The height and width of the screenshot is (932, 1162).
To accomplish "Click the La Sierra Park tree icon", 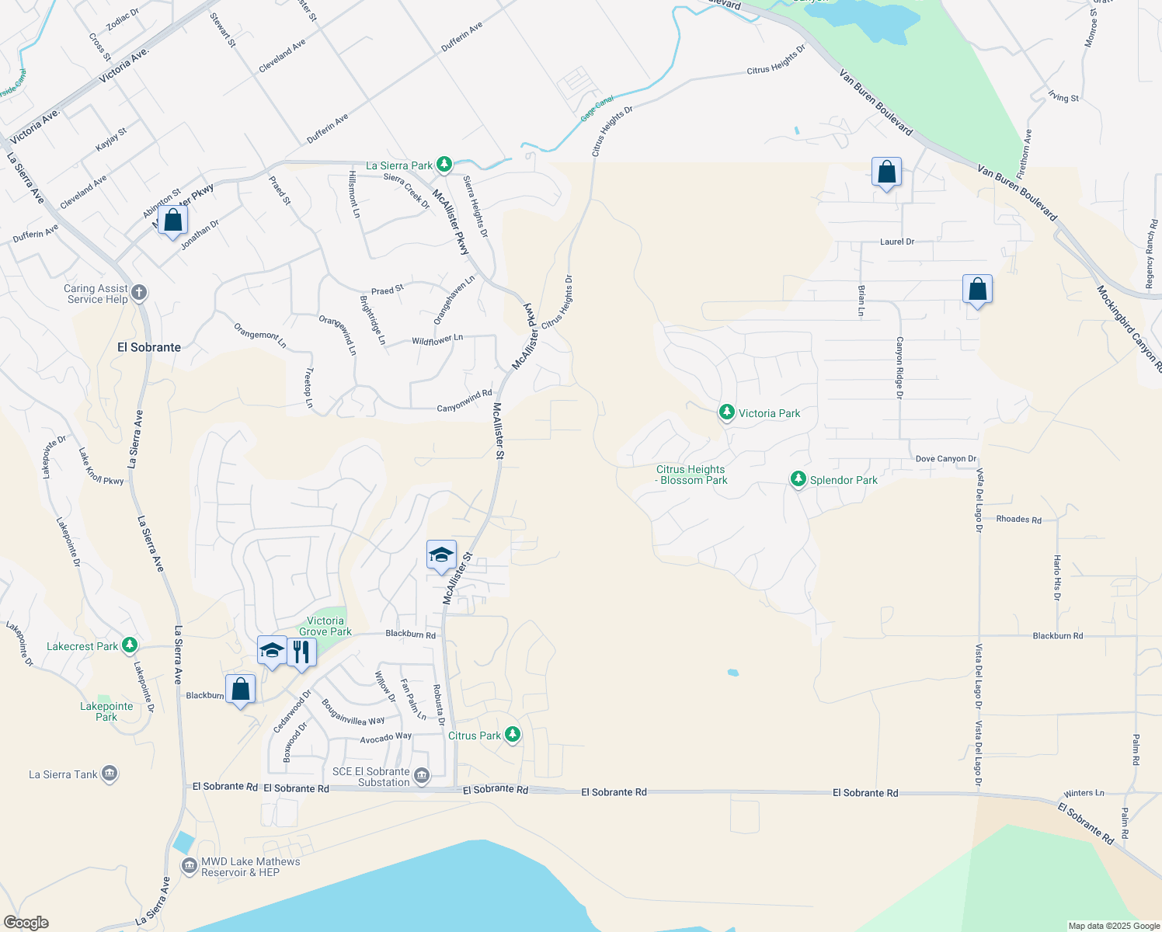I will pyautogui.click(x=444, y=165).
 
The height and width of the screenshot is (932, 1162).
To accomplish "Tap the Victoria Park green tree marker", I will pyautogui.click(x=726, y=412).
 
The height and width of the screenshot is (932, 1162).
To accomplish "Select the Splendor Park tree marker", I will pyautogui.click(x=798, y=479).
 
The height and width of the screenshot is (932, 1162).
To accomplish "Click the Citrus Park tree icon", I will pyautogui.click(x=512, y=734).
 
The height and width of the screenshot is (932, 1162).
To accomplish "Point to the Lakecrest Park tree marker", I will pyautogui.click(x=130, y=645).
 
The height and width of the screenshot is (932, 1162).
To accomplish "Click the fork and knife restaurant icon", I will pyautogui.click(x=301, y=651).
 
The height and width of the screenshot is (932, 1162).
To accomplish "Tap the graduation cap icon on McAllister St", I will pyautogui.click(x=441, y=555).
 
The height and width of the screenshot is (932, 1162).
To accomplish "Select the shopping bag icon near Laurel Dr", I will pyautogui.click(x=886, y=172).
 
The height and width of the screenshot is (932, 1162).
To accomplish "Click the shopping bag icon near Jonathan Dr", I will pyautogui.click(x=173, y=221).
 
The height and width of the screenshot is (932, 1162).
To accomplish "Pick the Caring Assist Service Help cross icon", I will pyautogui.click(x=139, y=293).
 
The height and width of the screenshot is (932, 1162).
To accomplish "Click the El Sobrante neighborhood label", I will pyautogui.click(x=149, y=347).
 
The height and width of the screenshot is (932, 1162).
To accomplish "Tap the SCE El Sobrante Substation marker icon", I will pyautogui.click(x=422, y=775).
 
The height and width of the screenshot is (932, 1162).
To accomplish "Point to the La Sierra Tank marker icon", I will pyautogui.click(x=110, y=774).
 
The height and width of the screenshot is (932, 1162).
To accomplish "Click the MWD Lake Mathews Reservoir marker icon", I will pyautogui.click(x=189, y=865).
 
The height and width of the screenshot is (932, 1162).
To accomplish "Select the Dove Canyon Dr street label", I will pyautogui.click(x=945, y=459).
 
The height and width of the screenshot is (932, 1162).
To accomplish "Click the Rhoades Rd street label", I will pyautogui.click(x=1018, y=519).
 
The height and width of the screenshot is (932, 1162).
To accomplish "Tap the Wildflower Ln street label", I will pyautogui.click(x=437, y=339).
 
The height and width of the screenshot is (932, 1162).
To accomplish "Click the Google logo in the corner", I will pyautogui.click(x=26, y=922).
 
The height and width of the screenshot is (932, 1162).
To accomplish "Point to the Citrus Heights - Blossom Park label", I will pyautogui.click(x=691, y=475).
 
